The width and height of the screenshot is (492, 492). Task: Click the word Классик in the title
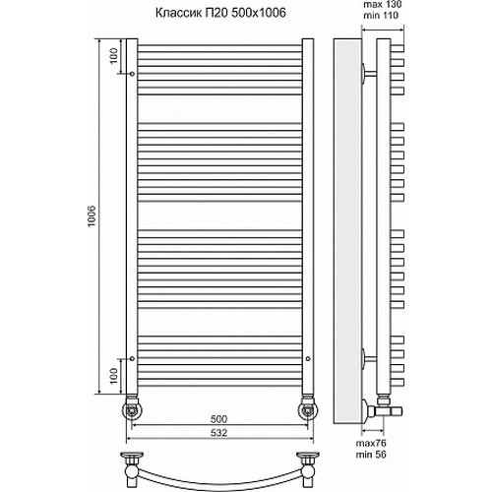pos(180,15)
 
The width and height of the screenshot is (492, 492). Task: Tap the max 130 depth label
pos(381,10)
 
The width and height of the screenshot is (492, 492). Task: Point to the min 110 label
pos(381,21)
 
